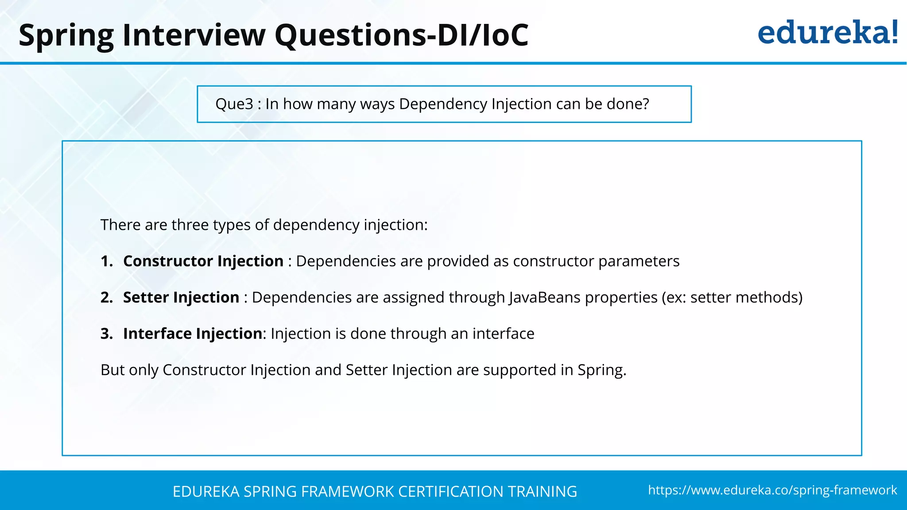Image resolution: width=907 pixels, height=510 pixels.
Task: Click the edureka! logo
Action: tap(827, 33)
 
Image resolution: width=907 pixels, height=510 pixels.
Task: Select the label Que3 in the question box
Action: tap(234, 104)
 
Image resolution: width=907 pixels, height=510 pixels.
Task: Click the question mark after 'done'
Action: tap(645, 104)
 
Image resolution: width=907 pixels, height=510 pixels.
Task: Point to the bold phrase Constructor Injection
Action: tap(203, 261)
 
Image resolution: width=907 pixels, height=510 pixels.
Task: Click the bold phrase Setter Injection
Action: tap(181, 297)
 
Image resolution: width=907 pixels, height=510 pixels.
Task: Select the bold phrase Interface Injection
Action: tap(193, 334)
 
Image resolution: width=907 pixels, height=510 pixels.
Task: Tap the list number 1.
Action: tap(106, 261)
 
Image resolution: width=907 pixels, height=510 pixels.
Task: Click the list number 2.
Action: tap(106, 297)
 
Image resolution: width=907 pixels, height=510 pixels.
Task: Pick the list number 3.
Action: tap(106, 334)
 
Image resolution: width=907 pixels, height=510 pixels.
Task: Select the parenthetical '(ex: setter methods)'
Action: tap(732, 297)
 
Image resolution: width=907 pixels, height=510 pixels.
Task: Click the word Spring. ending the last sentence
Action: tap(601, 370)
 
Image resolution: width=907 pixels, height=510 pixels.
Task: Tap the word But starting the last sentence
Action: tap(112, 370)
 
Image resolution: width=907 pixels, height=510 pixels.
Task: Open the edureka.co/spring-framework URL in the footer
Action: tap(772, 490)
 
